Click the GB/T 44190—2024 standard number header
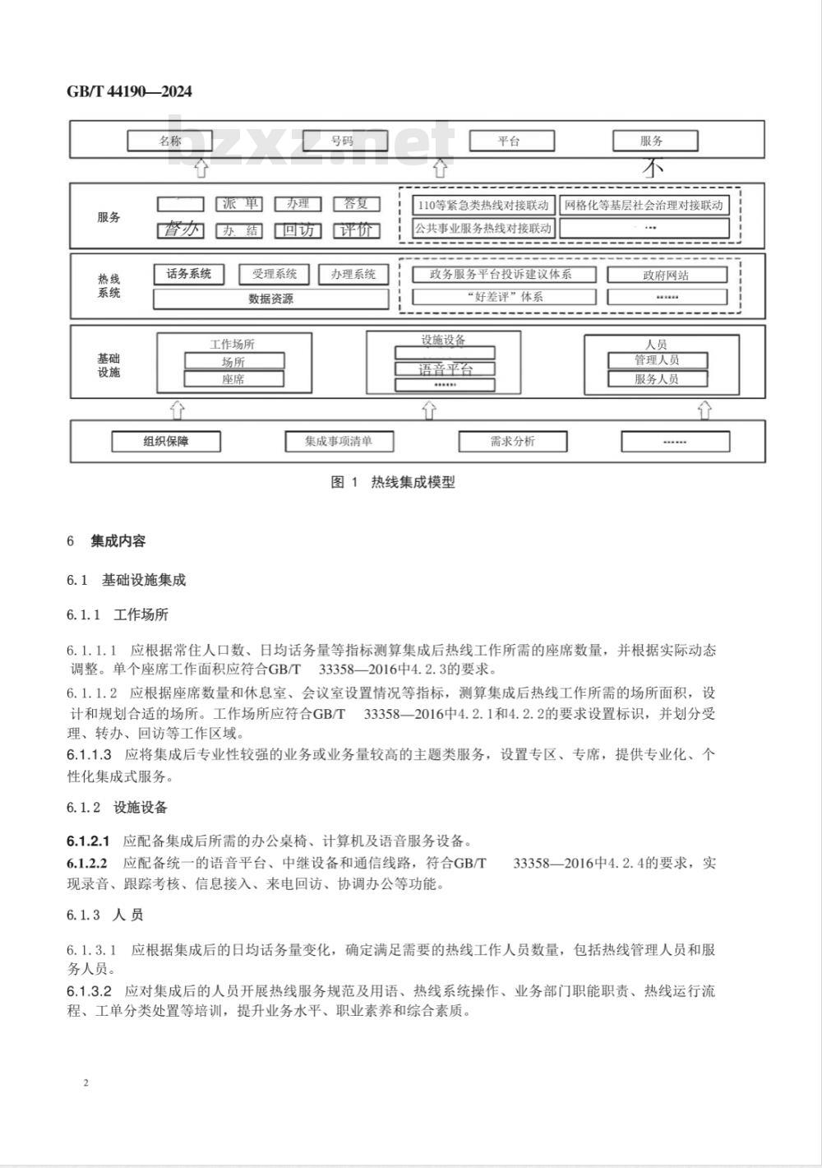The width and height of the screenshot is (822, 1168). tap(129, 91)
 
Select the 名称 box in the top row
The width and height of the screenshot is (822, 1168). tap(170, 141)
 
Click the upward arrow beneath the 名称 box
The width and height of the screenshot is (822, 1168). tap(201, 169)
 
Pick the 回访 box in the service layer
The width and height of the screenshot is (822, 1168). tap(298, 230)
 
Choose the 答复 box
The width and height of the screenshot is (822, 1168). tap(356, 204)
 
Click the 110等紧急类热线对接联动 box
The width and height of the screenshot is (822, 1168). tap(483, 205)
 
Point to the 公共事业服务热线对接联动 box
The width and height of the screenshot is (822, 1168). tap(483, 228)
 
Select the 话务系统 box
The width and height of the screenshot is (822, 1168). tap(189, 274)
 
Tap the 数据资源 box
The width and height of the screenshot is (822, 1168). tap(270, 299)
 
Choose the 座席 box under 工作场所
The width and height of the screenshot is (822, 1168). tap(233, 379)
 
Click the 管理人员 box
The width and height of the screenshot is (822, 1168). tap(656, 359)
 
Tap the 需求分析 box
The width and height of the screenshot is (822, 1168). tap(512, 442)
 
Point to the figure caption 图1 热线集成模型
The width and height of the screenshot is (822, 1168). tap(392, 483)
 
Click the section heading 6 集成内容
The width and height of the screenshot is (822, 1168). tap(107, 541)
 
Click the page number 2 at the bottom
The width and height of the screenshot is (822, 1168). tap(85, 1082)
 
